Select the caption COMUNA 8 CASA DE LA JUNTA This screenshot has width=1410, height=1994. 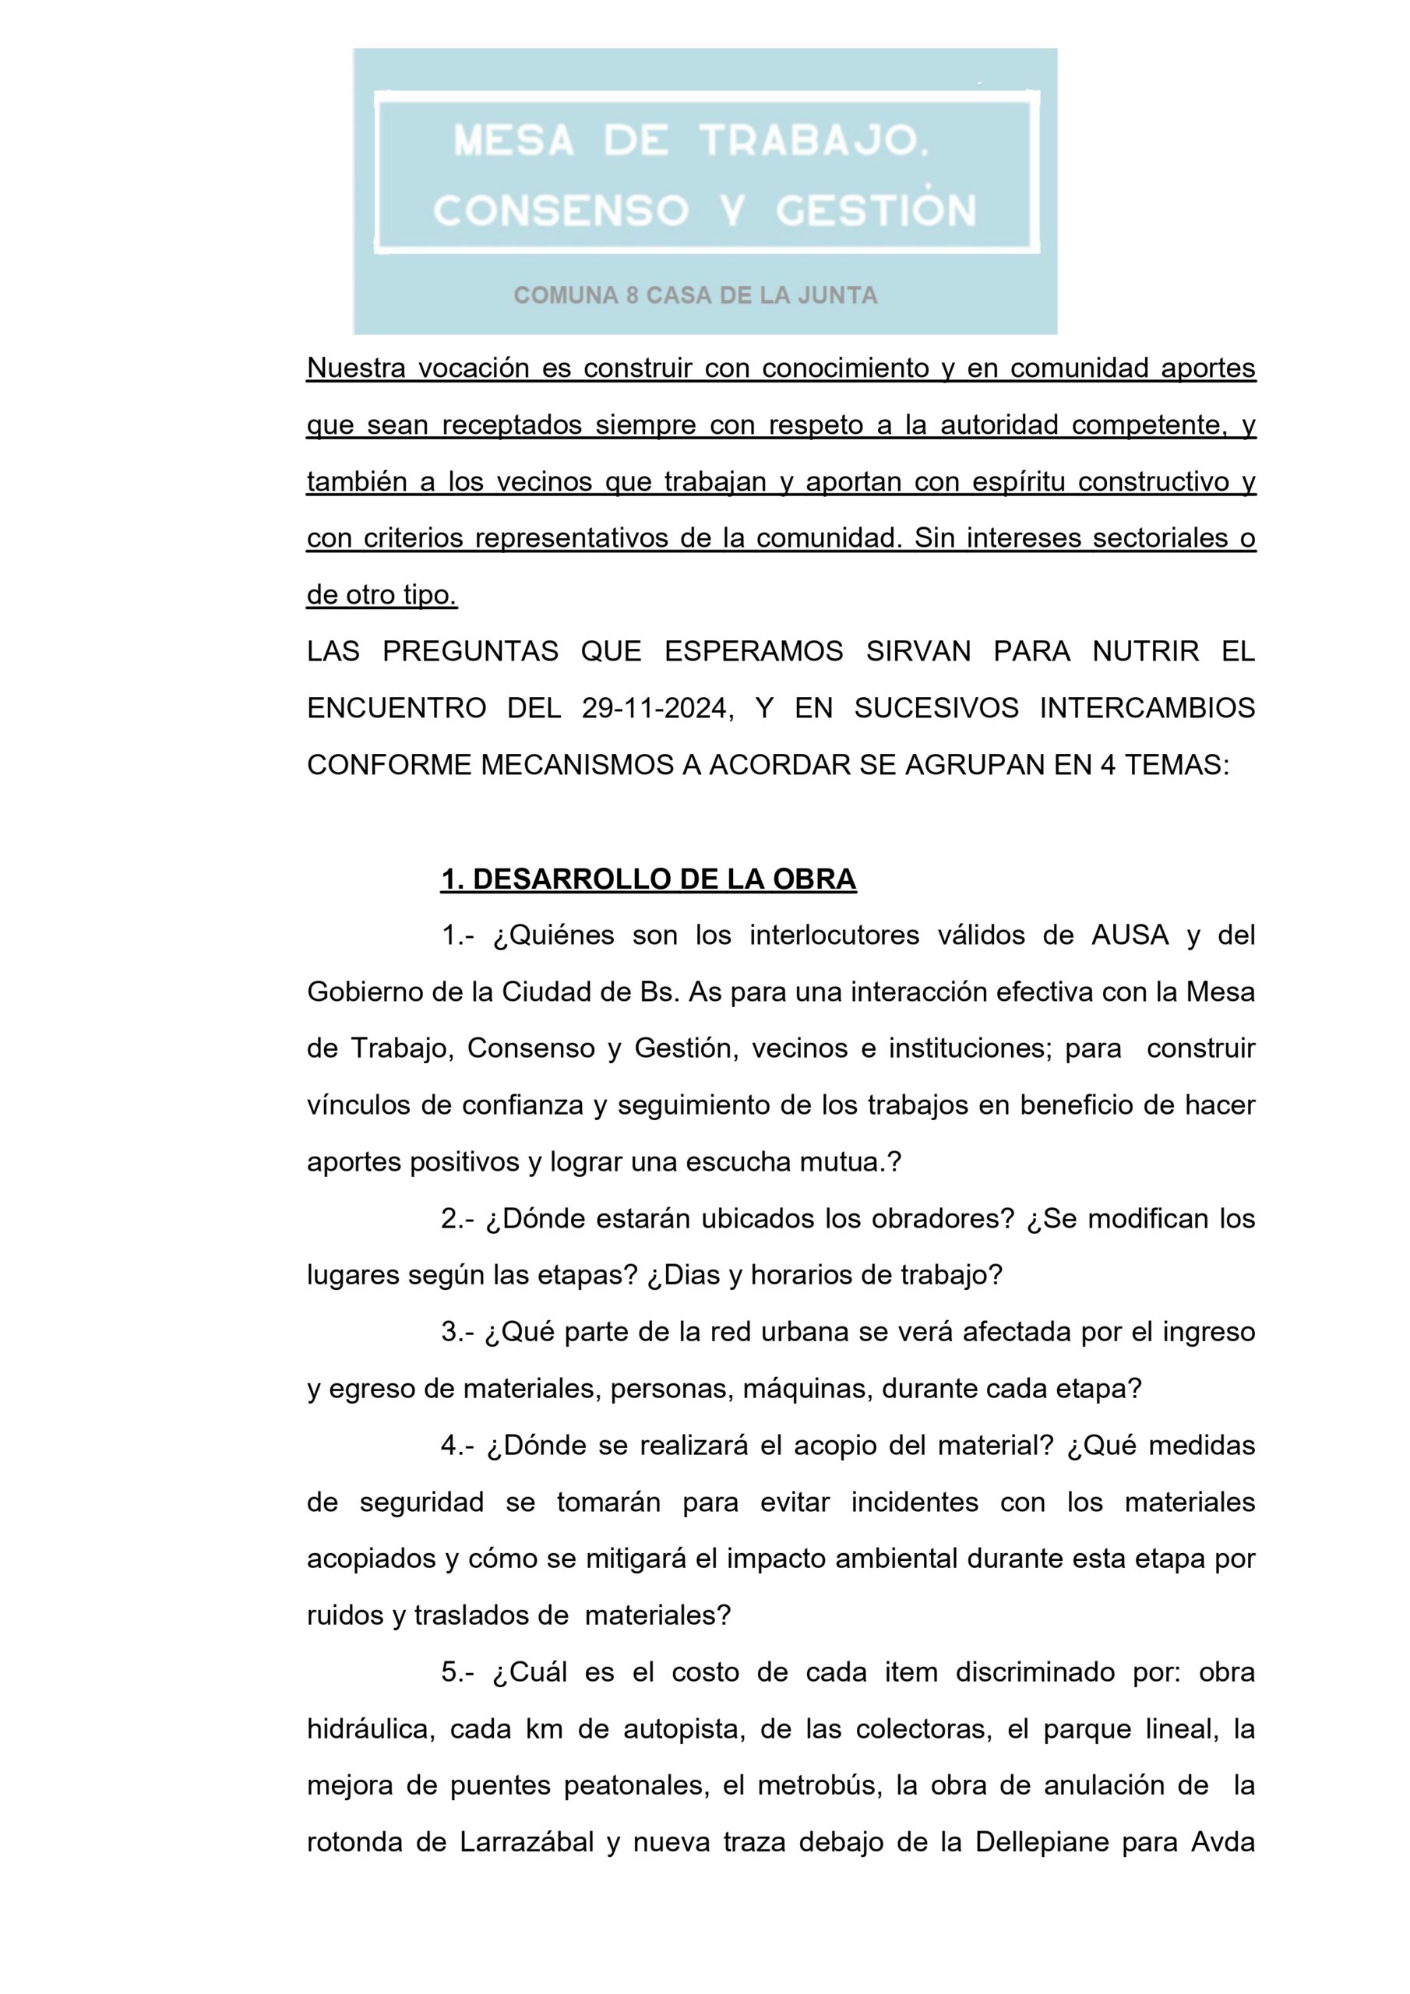pos(695,296)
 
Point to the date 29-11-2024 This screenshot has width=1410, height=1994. pos(653,709)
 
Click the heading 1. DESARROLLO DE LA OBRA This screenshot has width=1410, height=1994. pos(648,879)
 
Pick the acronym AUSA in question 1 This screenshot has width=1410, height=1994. pos(1130,935)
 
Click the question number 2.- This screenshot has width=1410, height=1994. pos(457,1218)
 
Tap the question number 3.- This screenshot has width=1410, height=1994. pos(457,1331)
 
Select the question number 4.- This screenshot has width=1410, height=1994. pos(457,1445)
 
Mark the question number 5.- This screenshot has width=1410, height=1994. pos(457,1672)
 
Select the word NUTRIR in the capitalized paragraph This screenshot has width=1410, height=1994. pos(1146,651)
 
